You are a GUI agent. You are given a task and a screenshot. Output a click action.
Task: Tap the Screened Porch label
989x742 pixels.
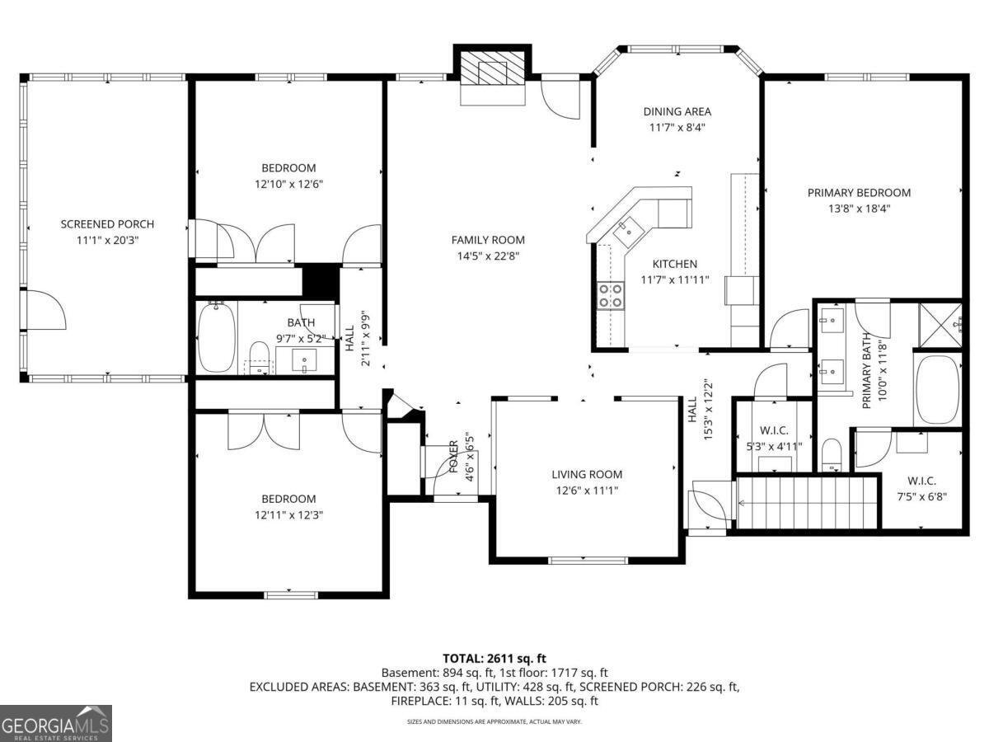tap(107, 224)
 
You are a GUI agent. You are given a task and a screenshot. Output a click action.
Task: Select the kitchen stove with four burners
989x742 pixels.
tap(610, 295)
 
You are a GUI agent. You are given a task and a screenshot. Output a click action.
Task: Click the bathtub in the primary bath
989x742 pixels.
tap(937, 389)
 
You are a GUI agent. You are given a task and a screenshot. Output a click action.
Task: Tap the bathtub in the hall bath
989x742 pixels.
tap(217, 338)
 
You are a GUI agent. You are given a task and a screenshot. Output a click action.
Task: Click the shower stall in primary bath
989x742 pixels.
tap(939, 324)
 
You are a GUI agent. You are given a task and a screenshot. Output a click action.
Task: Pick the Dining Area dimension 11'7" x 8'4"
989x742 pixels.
tap(677, 128)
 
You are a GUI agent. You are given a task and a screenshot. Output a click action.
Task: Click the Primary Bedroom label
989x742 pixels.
tap(859, 193)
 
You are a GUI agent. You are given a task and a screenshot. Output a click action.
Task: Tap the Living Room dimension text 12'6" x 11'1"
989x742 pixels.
tap(587, 491)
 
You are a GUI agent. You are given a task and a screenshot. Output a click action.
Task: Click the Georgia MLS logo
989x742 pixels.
tap(55, 723)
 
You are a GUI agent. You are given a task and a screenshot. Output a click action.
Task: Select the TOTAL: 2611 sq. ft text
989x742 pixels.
tap(494, 658)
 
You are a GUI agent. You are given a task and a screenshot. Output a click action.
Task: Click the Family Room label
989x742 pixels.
tap(488, 240)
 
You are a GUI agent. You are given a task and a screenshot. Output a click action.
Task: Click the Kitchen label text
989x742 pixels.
tap(675, 264)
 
